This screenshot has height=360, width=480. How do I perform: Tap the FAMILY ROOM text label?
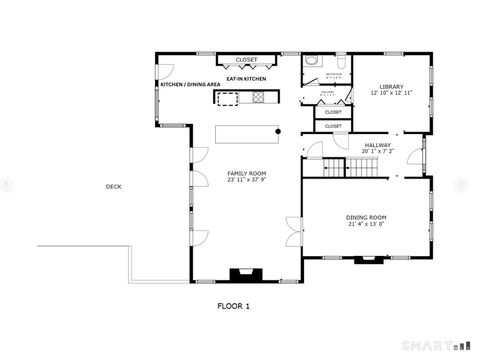click(x=244, y=173)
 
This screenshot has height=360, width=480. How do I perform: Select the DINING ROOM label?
click(x=367, y=217)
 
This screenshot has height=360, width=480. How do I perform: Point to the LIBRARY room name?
click(x=391, y=86)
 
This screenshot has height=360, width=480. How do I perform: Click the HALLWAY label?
click(x=377, y=145)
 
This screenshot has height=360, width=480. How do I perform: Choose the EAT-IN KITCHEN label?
click(x=245, y=78)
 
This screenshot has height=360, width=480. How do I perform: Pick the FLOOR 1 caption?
click(x=240, y=306)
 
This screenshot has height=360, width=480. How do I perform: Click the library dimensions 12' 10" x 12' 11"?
click(x=391, y=93)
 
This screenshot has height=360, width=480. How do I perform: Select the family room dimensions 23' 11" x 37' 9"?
click(x=244, y=181)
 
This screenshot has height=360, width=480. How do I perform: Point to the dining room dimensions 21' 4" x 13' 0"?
click(x=367, y=225)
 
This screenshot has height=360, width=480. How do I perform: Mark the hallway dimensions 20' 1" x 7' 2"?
click(x=377, y=152)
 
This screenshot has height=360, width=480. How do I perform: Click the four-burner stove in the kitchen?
click(x=259, y=97)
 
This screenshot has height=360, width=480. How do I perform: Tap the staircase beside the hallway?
click(x=359, y=168)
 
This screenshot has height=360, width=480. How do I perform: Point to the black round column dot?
click(x=279, y=131)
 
